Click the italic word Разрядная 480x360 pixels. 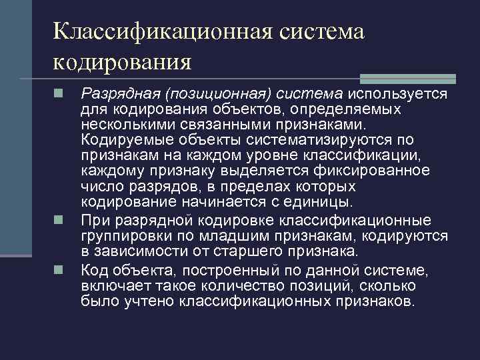111,94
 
